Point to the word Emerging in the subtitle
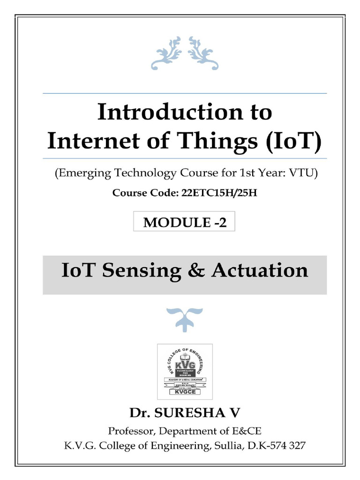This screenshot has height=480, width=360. [82, 173]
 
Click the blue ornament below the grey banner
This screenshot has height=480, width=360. [185, 317]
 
